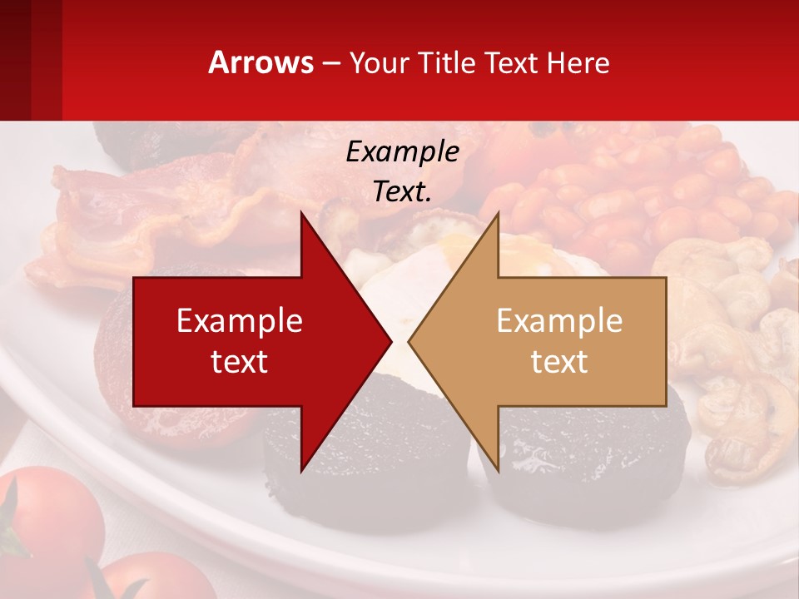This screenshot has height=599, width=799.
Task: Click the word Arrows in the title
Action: [261, 62]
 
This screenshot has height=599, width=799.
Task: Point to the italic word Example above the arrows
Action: [402, 151]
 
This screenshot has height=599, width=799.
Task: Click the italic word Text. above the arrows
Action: [402, 191]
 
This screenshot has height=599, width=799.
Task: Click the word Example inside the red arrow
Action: [240, 320]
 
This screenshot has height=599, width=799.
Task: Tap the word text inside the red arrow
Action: [240, 361]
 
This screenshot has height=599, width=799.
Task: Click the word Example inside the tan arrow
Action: [559, 320]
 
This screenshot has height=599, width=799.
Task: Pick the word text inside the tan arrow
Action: [559, 361]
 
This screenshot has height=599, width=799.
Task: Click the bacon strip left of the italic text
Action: [166, 208]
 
